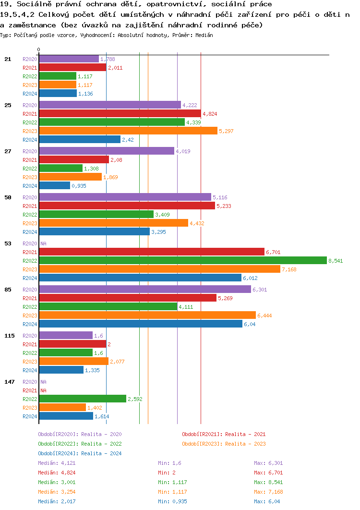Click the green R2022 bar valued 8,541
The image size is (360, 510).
182,260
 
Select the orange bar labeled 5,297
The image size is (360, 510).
128,131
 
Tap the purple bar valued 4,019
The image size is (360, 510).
106,151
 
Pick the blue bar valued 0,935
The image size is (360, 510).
54,185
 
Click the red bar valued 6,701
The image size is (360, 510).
151,252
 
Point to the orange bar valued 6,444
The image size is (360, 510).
147,315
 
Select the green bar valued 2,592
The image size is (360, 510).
82,399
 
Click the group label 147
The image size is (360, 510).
9,382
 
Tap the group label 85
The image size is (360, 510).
7,290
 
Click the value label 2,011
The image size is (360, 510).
115,68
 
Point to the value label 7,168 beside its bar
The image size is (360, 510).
289,269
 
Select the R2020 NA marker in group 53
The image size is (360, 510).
43,243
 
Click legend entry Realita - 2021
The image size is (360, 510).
224,434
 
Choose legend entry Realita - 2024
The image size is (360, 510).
80,453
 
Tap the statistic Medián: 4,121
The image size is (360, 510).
57,463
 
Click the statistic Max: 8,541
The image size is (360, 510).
268,482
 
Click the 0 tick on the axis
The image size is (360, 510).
39,49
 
